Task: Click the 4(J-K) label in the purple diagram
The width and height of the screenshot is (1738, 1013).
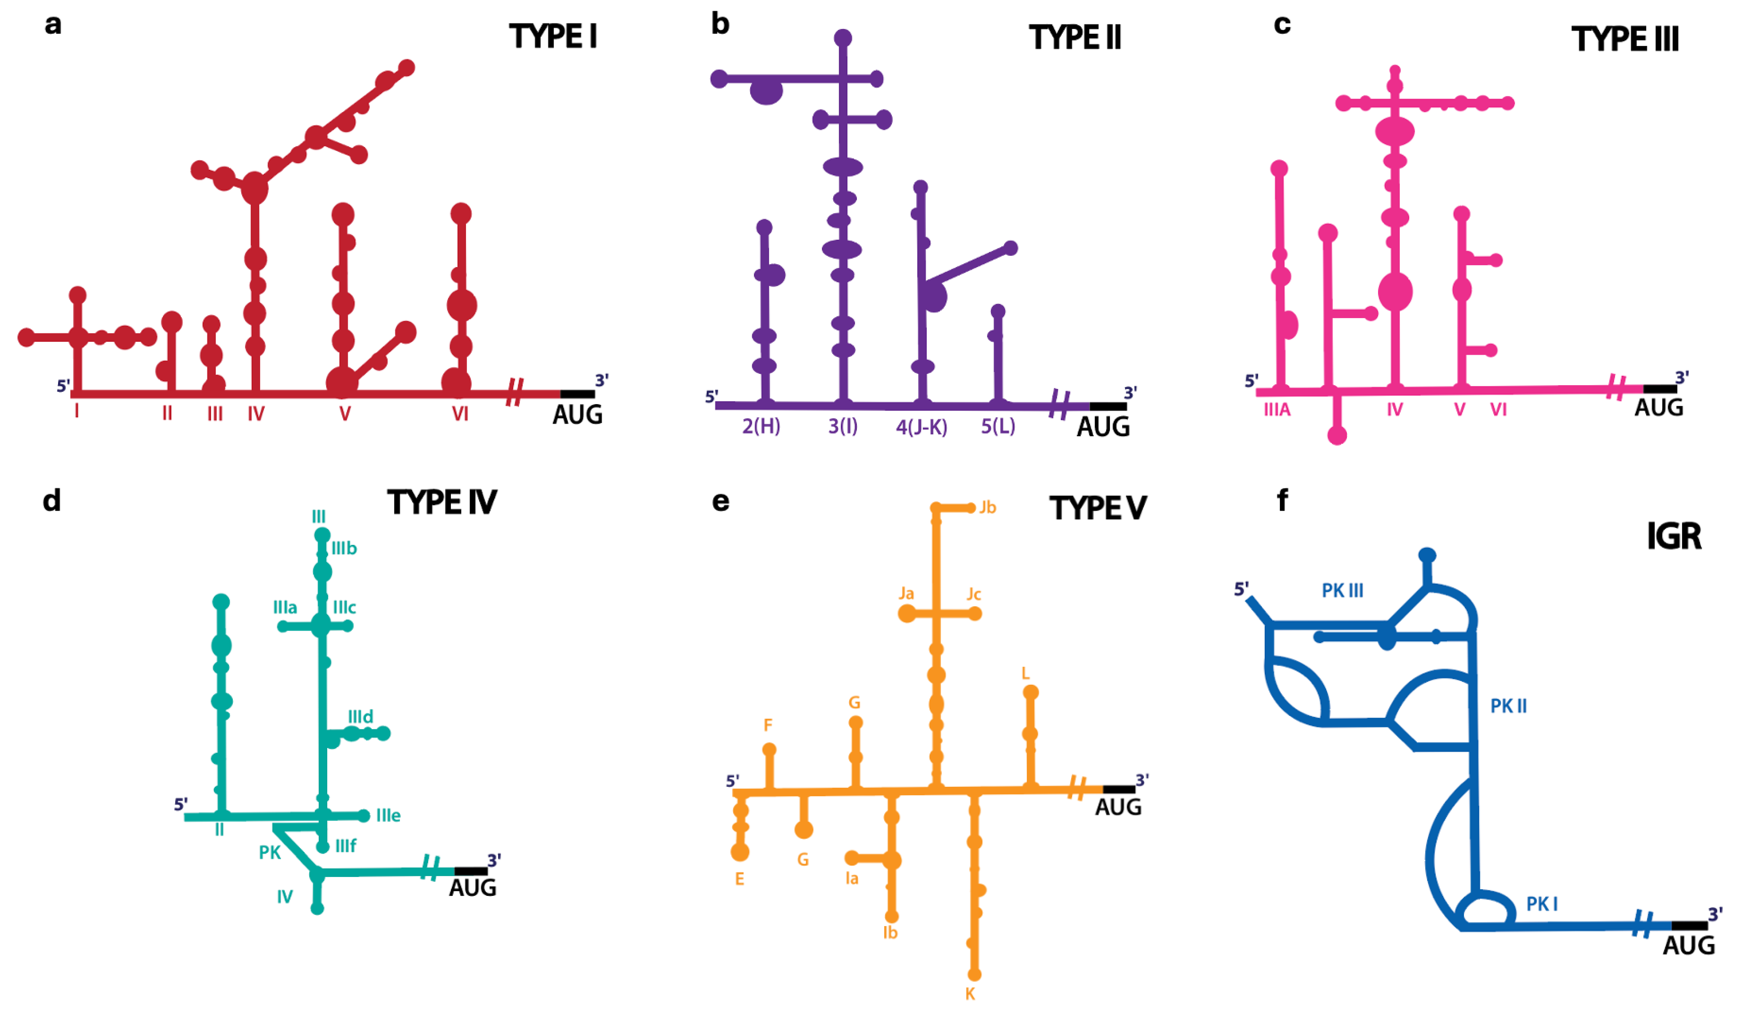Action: pos(921,427)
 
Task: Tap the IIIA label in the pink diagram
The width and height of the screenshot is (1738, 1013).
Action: pos(1277,410)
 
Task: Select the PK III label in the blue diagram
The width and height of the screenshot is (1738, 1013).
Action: pos(1342,591)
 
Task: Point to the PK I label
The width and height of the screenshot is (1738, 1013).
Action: pos(1541,904)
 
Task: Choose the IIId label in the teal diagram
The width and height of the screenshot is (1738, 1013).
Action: pos(360,716)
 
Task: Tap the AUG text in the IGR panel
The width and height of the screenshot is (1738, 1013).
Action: pos(1688,946)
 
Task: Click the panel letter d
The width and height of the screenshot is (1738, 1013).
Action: pos(52,500)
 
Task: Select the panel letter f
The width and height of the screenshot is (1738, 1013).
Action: pos(1282,500)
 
